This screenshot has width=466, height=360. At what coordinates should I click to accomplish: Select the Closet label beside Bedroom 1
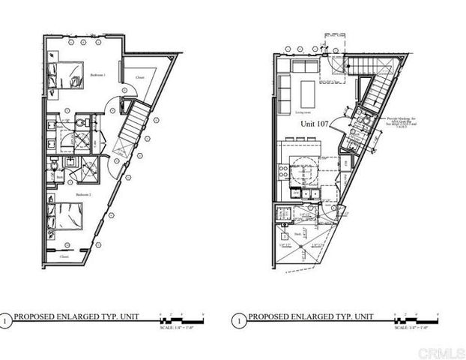coord(140,76)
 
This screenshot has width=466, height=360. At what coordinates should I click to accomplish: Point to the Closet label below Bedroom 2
coord(64,256)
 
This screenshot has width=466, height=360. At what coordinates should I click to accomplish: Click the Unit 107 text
coord(314,124)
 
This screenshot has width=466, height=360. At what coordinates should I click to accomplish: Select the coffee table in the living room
coord(308,94)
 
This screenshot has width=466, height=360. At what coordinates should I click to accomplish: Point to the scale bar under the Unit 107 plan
coord(411,318)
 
